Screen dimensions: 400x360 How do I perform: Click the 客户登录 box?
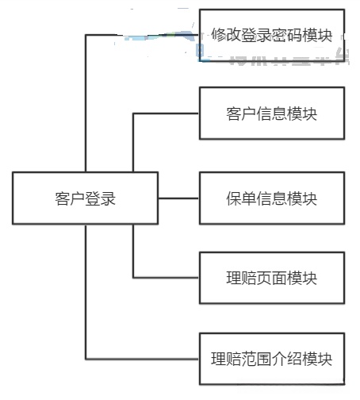(x=86, y=198)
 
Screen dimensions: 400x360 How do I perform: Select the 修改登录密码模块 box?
(x=272, y=35)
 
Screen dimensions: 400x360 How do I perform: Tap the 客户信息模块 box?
(x=272, y=113)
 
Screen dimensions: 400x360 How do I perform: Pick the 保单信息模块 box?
(x=272, y=198)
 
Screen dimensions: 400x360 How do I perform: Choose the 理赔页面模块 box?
(x=272, y=278)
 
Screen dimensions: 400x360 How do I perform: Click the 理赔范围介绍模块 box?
(x=272, y=359)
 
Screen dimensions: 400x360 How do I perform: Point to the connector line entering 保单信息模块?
(x=179, y=198)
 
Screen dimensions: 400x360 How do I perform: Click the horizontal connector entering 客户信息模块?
(x=166, y=113)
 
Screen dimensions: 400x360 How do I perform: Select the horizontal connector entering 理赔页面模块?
(x=166, y=278)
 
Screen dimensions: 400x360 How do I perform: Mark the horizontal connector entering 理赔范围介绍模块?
(x=142, y=359)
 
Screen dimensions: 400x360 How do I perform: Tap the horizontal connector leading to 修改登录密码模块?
(x=103, y=35)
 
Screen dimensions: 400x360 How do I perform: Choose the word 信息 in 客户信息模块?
(x=272, y=113)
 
